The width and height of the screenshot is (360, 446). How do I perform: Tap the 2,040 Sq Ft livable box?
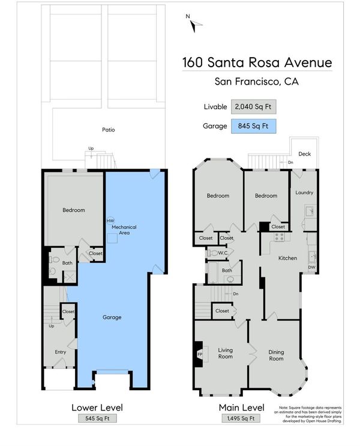tap(253, 107)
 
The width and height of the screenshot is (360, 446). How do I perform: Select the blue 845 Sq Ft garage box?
tap(253, 126)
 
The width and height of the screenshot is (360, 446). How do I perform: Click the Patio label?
tap(109, 130)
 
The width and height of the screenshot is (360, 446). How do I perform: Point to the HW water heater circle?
tap(110, 221)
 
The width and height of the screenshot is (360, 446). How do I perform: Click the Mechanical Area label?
tap(124, 230)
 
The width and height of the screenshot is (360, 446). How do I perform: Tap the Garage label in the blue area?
tap(112, 317)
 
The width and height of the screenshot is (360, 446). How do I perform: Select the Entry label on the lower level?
tap(60, 352)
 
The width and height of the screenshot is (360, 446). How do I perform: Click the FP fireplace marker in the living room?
tap(200, 354)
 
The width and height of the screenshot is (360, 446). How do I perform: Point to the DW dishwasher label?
tap(311, 267)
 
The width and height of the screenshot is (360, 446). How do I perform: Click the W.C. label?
tap(223, 253)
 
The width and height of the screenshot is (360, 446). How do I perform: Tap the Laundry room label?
tap(304, 193)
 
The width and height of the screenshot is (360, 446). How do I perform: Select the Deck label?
tap(305, 154)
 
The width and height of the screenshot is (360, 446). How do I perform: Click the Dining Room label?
tap(276, 355)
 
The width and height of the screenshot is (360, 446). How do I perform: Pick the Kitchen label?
tap(287, 258)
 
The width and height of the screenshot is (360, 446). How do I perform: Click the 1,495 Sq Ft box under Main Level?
tap(241, 418)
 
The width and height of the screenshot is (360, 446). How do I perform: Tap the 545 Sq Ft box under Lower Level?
tap(97, 418)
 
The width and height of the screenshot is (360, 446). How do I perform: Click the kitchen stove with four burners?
tap(279, 237)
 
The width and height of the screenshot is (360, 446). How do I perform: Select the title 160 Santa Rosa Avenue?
tap(257, 62)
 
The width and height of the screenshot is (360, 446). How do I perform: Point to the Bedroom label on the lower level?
tap(74, 210)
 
